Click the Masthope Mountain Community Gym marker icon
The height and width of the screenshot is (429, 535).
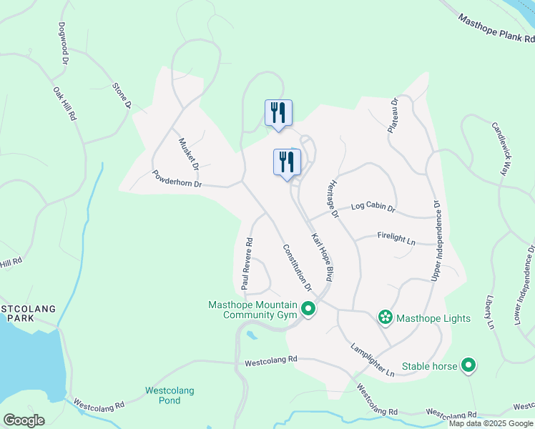pyautogui.click(x=308, y=310)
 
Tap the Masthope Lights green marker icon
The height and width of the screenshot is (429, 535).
pyautogui.click(x=386, y=317)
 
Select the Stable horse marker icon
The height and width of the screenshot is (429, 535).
pyautogui.click(x=468, y=367)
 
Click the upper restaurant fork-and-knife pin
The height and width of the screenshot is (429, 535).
pyautogui.click(x=278, y=112)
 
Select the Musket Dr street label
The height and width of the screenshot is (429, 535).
pyautogui.click(x=188, y=153)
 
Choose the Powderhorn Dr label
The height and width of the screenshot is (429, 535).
pyautogui.click(x=178, y=179)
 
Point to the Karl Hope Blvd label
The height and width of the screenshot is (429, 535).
pyautogui.click(x=323, y=255)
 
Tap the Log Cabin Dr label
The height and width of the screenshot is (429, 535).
pyautogui.click(x=373, y=207)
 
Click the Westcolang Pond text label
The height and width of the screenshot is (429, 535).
pyautogui.click(x=170, y=395)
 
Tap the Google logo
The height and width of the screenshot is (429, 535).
pyautogui.click(x=24, y=420)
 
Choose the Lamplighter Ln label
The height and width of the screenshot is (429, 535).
pyautogui.click(x=372, y=360)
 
